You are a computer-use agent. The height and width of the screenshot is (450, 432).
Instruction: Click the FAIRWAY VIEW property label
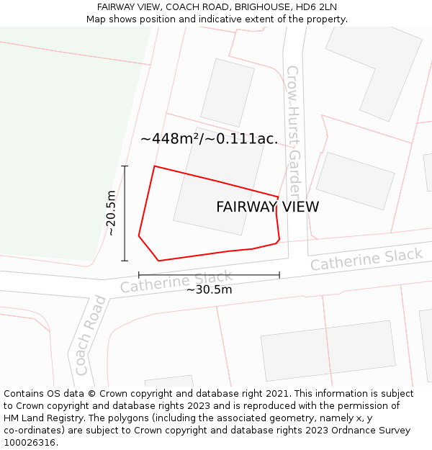coord(267,207)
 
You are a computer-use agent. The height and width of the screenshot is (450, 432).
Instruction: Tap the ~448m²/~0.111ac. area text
coord(209,139)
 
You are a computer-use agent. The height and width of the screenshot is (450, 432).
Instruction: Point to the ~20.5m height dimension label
coord(111,213)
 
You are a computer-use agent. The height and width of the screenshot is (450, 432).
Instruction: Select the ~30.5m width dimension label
coord(209,289)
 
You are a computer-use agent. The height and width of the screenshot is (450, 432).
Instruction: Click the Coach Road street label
coord(90,335)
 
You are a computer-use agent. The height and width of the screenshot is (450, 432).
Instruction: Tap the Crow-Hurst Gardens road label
coord(293,133)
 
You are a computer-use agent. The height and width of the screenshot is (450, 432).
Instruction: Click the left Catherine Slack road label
coord(176,282)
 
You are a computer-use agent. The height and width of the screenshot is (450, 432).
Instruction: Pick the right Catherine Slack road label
coord(366,259)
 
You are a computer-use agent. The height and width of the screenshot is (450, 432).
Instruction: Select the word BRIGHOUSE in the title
coord(263,7)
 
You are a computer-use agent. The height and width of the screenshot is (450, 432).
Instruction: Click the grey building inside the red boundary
coord(217,192)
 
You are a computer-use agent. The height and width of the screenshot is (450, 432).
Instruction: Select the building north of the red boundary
coord(227,92)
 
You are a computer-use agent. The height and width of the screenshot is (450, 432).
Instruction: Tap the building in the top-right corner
coord(374,72)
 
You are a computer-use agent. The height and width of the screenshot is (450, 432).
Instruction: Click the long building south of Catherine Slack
coord(328,350)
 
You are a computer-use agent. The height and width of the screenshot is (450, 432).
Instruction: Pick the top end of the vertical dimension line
coord(125,166)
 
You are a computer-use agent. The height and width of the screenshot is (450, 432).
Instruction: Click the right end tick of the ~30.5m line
coord(279,274)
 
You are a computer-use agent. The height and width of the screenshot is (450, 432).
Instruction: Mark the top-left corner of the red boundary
coord(155,166)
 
